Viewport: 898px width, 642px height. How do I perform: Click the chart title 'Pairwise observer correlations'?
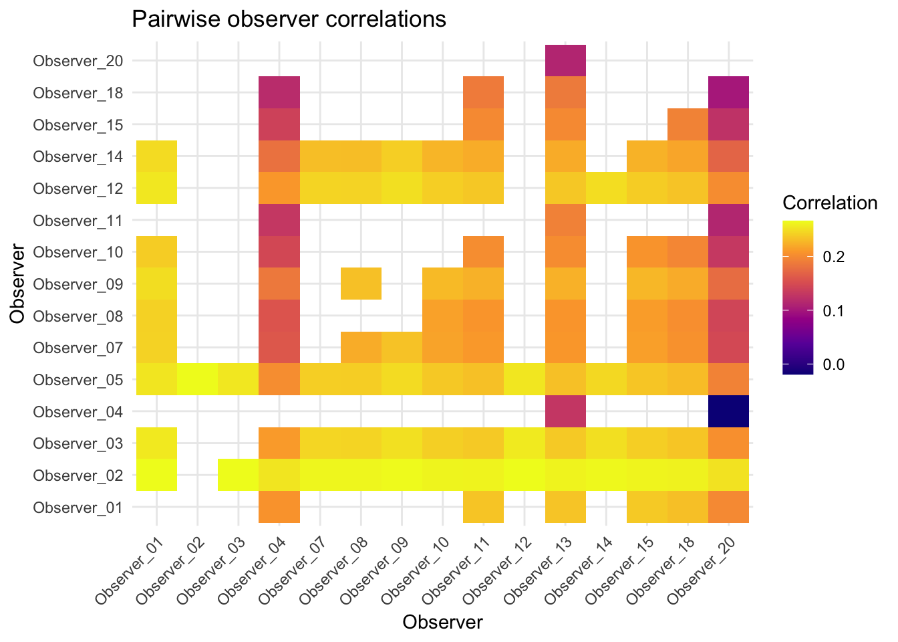pyautogui.click(x=289, y=19)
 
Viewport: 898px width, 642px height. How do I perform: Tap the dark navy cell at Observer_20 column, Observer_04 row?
pyautogui.click(x=728, y=411)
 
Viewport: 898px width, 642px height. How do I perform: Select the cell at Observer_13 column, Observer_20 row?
pyautogui.click(x=566, y=61)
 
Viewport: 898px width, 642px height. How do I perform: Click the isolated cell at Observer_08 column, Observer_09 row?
pyautogui.click(x=361, y=284)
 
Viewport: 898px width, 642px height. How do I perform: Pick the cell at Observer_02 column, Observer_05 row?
pyautogui.click(x=198, y=379)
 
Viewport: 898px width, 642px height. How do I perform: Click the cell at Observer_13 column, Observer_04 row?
pyautogui.click(x=566, y=411)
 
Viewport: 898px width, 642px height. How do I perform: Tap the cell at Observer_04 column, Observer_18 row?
pyautogui.click(x=279, y=92)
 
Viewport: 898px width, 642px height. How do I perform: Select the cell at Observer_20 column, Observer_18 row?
pyautogui.click(x=728, y=92)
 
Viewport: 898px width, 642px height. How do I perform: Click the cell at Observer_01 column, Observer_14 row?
pyautogui.click(x=157, y=156)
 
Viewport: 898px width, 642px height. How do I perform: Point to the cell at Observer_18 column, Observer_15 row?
pyautogui.click(x=688, y=124)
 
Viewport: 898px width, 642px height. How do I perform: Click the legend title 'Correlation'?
pyautogui.click(x=830, y=203)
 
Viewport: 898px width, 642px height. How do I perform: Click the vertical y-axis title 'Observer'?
pyautogui.click(x=18, y=284)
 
